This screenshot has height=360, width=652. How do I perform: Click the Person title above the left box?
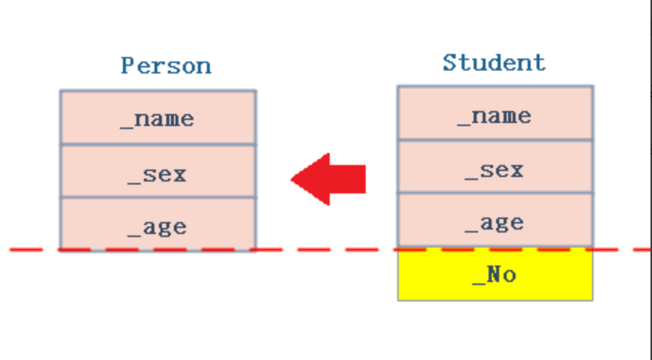point(166,66)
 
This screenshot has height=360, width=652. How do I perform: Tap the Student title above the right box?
point(494,63)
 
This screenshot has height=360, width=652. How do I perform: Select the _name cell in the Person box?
point(158,118)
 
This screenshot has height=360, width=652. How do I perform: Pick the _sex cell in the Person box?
point(158,171)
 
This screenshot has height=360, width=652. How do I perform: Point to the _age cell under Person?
point(158,224)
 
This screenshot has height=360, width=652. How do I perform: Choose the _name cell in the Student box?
point(495,113)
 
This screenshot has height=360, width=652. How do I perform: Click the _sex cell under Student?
point(495,166)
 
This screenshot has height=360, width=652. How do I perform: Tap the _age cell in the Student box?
point(495,220)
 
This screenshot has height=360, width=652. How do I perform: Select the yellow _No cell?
point(495,274)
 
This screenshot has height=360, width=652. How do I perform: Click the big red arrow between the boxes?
point(328,179)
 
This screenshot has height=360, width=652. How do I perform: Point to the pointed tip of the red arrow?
point(292,179)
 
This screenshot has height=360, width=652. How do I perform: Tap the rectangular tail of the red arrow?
point(348,179)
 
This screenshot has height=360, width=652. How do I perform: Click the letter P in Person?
point(127,66)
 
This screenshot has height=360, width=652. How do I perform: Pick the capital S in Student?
point(449,62)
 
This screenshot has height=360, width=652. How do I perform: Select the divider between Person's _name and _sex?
point(158,145)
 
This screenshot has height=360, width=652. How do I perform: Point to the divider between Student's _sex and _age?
point(495,193)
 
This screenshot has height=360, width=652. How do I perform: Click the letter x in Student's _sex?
point(517,171)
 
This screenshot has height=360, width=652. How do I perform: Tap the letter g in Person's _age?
point(164,229)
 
